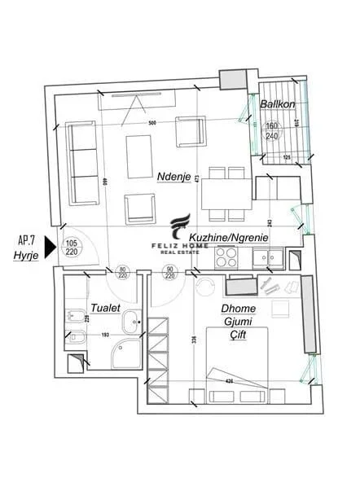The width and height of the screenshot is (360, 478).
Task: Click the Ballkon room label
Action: click(277, 104)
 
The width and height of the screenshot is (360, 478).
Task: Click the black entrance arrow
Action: click(50, 247)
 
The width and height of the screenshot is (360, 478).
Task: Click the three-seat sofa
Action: click(81, 162)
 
